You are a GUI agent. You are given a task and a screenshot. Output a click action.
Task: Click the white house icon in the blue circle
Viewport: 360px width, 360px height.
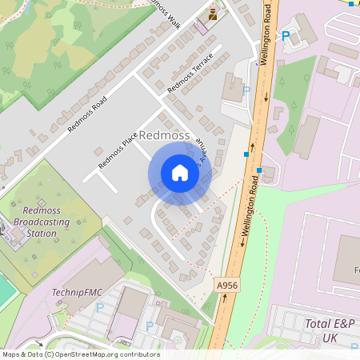[180, 173]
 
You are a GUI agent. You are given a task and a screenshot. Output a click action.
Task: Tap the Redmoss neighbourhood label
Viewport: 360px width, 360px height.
[165, 136]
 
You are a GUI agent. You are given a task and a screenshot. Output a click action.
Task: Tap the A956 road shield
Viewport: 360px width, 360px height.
[226, 284]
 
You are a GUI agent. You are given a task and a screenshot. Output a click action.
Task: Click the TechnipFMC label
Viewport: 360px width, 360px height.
[74, 293]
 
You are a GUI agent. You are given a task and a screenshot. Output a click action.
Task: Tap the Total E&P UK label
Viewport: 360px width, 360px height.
[329, 330]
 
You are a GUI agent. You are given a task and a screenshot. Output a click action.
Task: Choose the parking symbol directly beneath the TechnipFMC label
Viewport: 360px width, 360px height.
[99, 307]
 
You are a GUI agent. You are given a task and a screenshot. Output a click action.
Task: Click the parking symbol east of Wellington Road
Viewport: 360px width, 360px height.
[286, 36]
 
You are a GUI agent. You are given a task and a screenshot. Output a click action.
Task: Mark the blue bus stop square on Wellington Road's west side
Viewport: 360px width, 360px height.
[246, 154]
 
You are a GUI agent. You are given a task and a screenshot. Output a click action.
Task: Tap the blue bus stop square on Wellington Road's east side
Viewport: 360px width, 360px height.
[259, 170]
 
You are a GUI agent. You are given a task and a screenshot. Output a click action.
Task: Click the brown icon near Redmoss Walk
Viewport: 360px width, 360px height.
[213, 14]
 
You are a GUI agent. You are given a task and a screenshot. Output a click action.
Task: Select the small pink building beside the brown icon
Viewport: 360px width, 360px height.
[201, 26]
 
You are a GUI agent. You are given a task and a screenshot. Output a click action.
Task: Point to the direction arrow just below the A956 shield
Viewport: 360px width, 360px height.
[224, 298]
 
